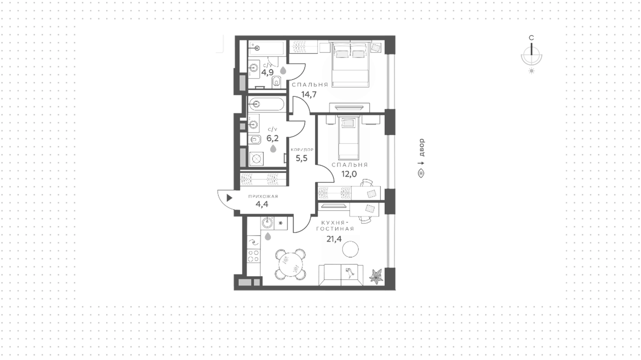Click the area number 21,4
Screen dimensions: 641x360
[334, 239]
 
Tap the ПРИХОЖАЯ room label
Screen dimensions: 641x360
[263, 196]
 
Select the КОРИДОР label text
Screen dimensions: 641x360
[302, 150]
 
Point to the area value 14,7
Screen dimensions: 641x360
[309, 94]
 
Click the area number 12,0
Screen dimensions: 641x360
[349, 174]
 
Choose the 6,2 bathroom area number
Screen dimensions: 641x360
[272, 138]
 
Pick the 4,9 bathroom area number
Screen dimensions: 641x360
[267, 72]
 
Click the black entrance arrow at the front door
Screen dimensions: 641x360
[229, 198]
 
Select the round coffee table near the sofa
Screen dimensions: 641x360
[350, 249]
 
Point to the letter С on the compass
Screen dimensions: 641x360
[531, 38]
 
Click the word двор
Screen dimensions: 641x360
[421, 148]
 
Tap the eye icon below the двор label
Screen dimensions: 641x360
[421, 173]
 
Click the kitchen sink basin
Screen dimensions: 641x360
[267, 223]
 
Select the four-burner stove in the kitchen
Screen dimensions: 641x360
[254, 256]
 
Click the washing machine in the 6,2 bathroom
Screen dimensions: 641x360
[256, 159]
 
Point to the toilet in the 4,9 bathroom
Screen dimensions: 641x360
[276, 81]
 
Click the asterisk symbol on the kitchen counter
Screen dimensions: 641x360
[281, 223]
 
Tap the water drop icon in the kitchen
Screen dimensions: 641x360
[268, 237]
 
